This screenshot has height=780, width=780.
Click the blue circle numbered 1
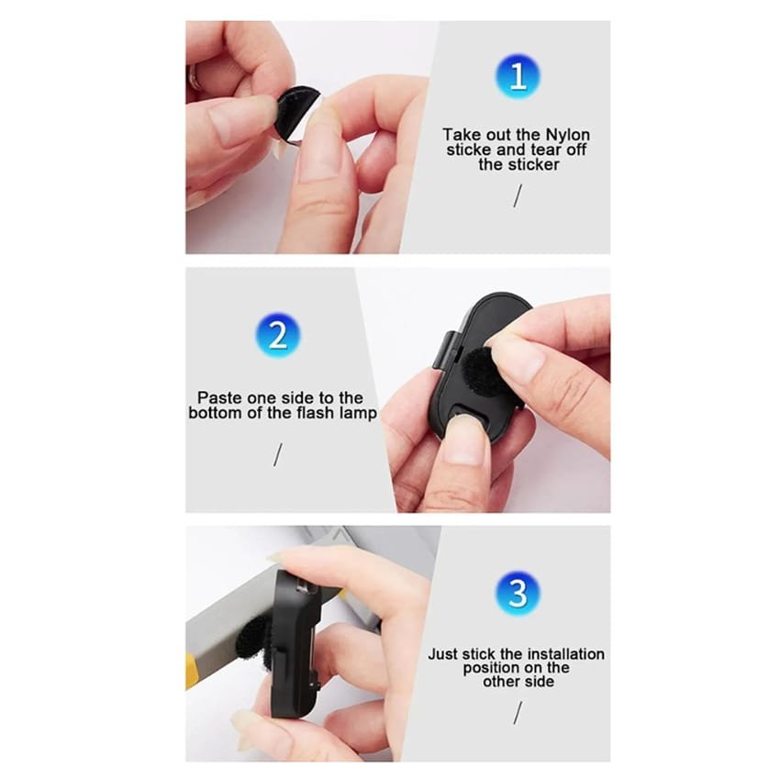point(518,76)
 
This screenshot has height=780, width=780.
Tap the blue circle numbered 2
point(278,334)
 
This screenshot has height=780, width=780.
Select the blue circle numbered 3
point(518,593)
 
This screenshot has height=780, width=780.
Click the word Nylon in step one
point(568,135)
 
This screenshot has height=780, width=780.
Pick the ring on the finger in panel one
point(194,79)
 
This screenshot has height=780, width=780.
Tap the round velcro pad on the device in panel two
point(477,367)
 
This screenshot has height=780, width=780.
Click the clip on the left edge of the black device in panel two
point(446,350)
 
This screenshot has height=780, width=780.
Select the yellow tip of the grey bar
point(192,672)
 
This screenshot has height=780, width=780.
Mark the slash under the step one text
point(518,195)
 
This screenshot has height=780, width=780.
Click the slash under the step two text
point(278,454)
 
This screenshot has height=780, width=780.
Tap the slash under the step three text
point(518,713)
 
